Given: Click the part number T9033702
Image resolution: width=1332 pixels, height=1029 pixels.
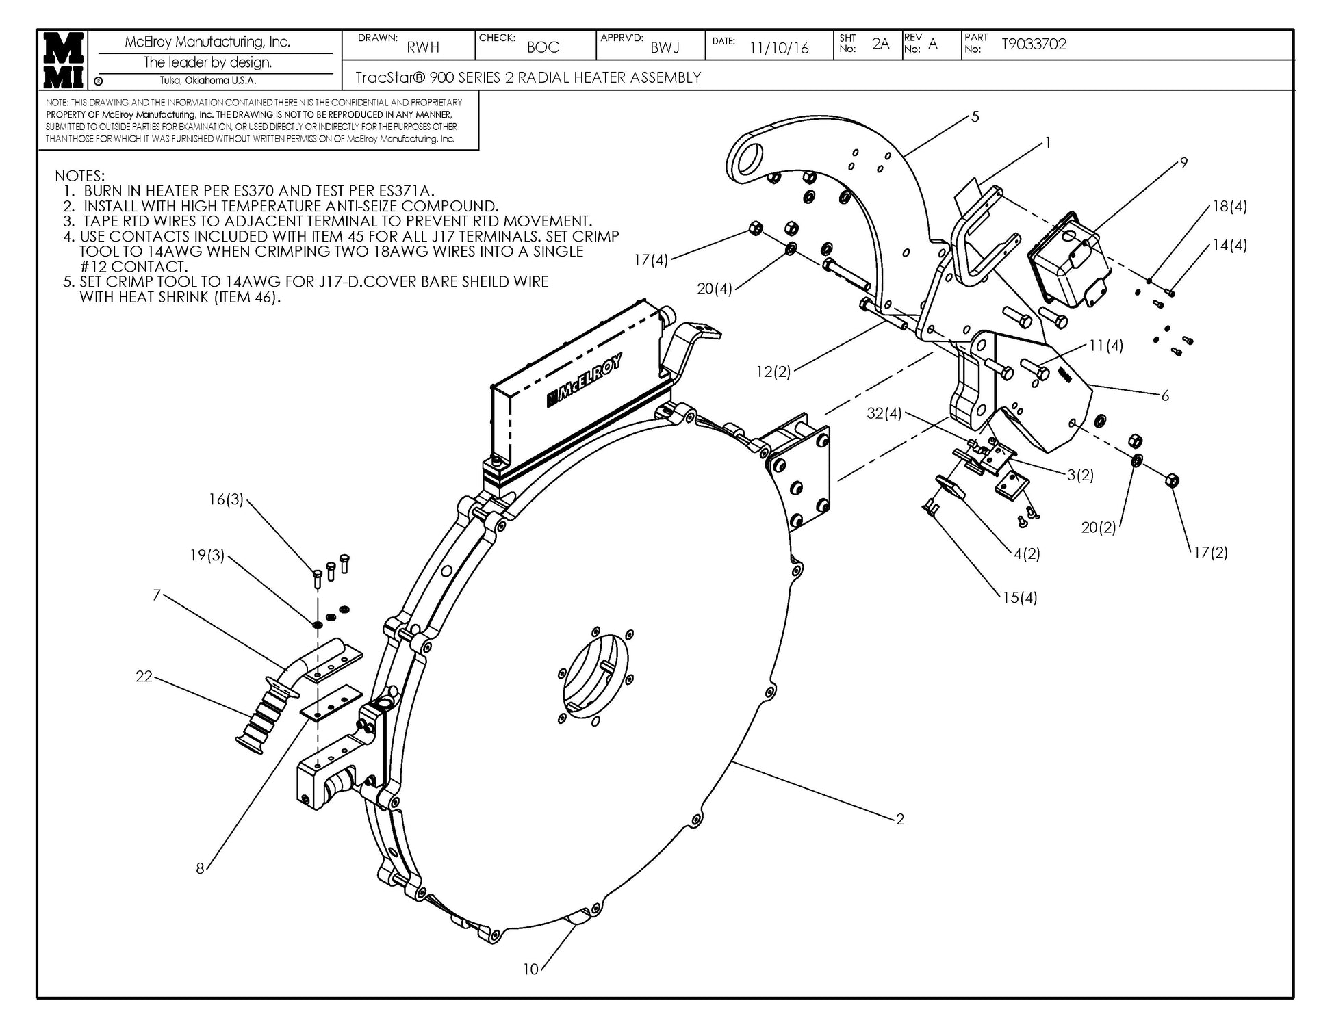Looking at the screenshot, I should coord(1034,44).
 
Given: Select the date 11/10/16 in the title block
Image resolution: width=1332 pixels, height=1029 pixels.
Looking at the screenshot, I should coord(779,48).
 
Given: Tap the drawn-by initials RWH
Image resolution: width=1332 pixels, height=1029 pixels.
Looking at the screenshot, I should coord(423,47).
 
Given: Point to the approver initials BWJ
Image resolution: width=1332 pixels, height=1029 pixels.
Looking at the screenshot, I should coord(665,47).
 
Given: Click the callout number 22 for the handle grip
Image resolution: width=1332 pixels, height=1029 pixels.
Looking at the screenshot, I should coord(144,677).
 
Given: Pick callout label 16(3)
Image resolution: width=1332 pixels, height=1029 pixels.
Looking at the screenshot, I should coord(226,499).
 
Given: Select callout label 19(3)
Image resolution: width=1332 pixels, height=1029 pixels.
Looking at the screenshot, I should coord(207,556).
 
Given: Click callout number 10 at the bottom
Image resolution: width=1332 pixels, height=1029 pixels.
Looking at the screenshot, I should coord(531,969).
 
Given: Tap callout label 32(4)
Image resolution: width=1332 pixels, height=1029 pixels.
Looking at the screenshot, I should coord(884,414).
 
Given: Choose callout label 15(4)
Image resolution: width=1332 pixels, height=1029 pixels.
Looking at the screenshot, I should coord(1020,598).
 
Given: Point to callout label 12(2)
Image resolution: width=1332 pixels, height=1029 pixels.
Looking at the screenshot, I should coord(773,372).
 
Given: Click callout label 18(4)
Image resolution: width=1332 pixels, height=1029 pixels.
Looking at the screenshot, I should coord(1229,206).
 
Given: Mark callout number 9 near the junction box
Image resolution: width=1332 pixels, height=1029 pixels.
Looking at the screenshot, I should coord(1183,163).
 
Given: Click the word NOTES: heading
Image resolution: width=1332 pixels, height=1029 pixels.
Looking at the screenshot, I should coord(80,177).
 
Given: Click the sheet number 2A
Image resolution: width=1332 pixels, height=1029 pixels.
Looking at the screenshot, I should coord(880,44).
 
